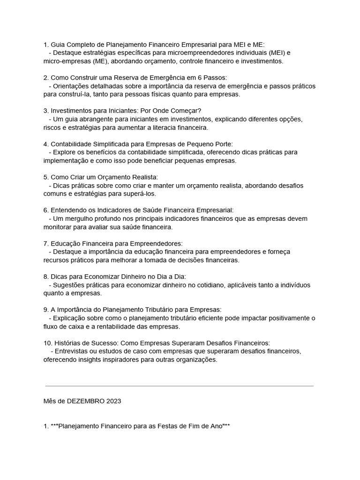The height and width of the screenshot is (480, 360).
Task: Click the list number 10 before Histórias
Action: point(47,343)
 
